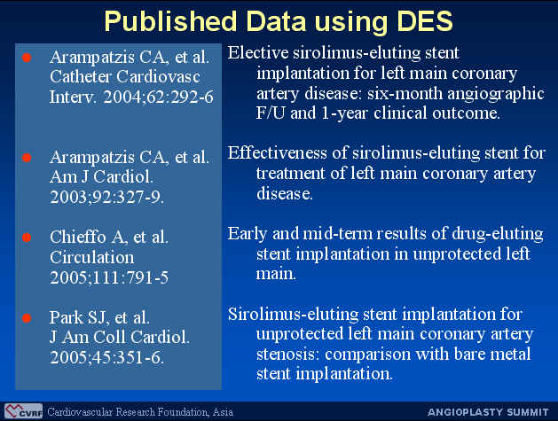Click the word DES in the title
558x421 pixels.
424,21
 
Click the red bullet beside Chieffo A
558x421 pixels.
27,238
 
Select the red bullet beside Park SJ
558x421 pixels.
27,318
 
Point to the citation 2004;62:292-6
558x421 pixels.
159,97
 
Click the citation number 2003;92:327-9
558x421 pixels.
106,197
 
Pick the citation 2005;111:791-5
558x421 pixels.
109,277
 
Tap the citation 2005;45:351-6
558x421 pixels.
106,357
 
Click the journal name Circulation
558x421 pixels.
92,257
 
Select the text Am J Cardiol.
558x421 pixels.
101,176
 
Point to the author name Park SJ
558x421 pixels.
79,317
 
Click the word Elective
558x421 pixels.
258,53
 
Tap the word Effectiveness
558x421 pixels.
277,153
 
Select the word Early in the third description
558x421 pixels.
248,234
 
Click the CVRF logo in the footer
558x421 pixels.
23,411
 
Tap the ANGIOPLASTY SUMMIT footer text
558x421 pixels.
488,412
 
